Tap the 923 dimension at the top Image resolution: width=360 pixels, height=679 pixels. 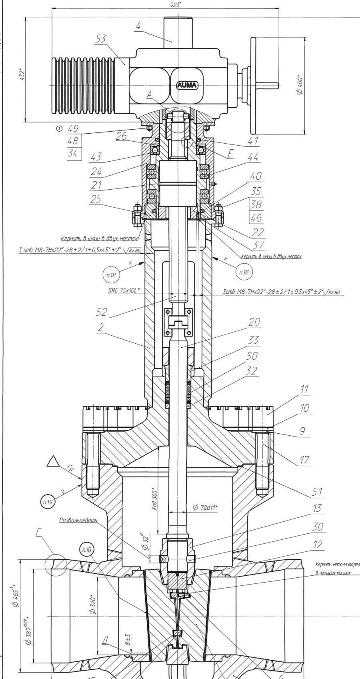point(175,4)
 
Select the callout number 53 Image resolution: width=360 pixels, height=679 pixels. point(101,38)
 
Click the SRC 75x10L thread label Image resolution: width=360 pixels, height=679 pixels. point(124,290)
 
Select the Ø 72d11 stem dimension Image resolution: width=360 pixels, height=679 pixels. point(204,507)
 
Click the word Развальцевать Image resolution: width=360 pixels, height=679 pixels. point(78,520)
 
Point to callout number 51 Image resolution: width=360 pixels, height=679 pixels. point(318,491)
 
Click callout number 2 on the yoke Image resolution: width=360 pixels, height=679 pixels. point(100,327)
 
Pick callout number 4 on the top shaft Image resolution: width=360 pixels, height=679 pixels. point(138,27)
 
